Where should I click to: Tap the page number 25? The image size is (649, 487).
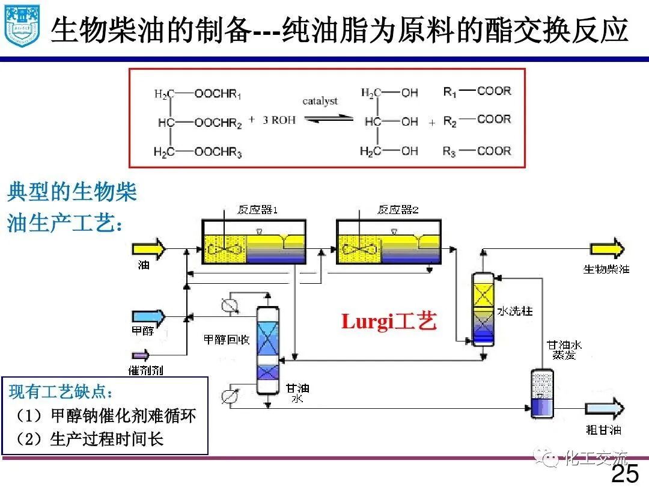tap(625, 474)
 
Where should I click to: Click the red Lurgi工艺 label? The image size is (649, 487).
tap(388, 322)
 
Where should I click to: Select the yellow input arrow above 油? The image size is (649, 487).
tap(148, 248)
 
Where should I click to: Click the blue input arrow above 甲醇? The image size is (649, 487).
tap(148, 316)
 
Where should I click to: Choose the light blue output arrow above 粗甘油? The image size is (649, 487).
tap(603, 409)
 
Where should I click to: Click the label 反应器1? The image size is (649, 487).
tap(257, 210)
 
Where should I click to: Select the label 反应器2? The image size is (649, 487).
tap(398, 210)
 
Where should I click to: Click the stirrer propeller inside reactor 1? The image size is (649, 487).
tap(225, 247)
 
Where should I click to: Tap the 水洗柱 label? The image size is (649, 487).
tap(514, 311)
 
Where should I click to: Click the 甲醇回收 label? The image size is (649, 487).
tap(227, 340)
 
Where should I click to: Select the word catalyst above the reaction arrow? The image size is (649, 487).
tap(320, 101)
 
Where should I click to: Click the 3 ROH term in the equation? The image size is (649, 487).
tap(279, 120)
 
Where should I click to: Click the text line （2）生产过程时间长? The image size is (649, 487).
tap(90, 438)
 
